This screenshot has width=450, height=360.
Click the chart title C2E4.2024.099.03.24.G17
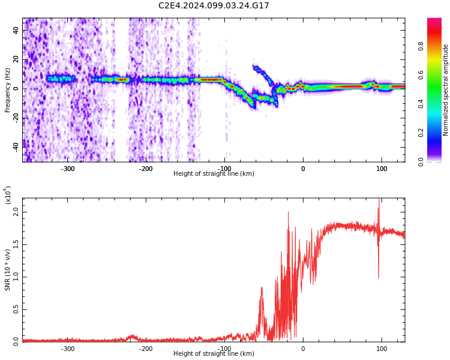[214, 5]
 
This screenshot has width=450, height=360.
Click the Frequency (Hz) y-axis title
[8, 89]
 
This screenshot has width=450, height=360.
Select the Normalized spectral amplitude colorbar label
[446, 89]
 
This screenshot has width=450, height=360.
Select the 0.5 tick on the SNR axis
[16, 308]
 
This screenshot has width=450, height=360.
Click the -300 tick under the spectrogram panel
[68, 169]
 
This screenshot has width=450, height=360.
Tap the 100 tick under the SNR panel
[382, 348]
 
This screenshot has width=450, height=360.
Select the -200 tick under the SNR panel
[146, 348]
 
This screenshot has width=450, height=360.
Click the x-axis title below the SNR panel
[214, 354]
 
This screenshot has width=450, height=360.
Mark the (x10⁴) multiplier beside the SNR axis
[8, 196]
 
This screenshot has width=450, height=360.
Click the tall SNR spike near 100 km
[379, 207]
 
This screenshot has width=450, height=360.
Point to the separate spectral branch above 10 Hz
[262, 73]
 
